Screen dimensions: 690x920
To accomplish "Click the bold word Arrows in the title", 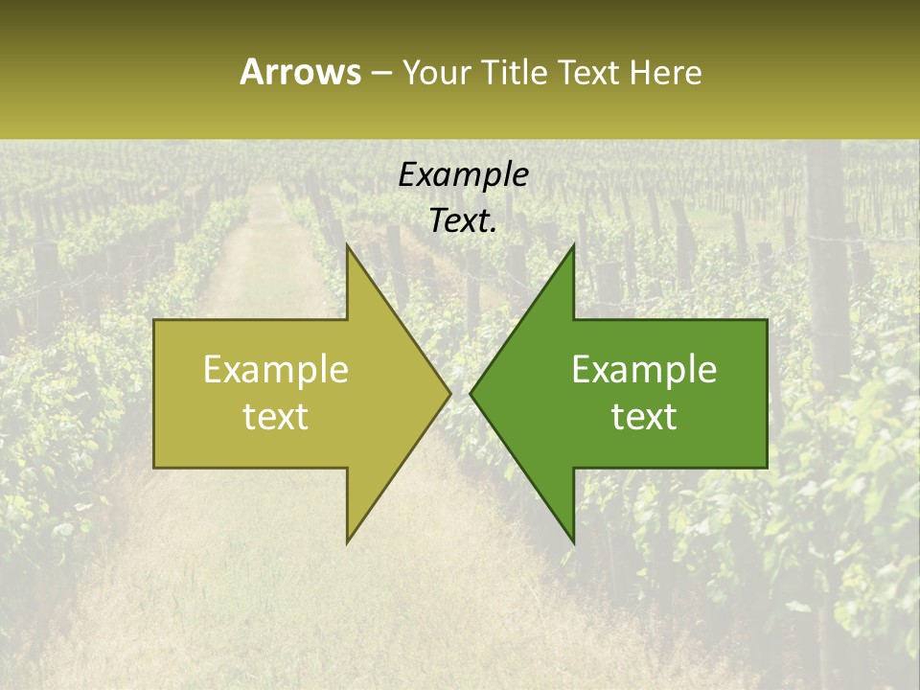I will coord(300,72).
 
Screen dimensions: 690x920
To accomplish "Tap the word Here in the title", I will coord(666,73).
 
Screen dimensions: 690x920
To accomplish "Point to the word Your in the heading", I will coord(436,73).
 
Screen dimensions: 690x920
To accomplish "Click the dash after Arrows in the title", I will coord(380,73).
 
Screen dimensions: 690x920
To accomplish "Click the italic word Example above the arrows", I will coord(463,175).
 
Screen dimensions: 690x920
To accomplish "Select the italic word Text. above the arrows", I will coord(463,221).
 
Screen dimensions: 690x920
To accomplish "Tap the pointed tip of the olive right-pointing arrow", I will coord(450,393).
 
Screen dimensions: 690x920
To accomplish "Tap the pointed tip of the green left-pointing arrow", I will coord(471,393).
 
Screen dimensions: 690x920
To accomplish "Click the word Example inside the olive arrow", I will coord(276,370).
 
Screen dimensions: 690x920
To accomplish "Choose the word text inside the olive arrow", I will coord(276,416).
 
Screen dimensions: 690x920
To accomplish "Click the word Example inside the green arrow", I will coord(644,370).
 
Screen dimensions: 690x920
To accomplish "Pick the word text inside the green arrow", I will coord(644,416).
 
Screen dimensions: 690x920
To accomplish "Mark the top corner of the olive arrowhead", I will coord(347,244).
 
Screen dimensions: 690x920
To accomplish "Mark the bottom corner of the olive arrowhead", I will coord(347,542).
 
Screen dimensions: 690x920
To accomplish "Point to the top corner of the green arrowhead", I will coord(573,244).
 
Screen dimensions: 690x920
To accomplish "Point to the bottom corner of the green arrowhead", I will coord(573,542).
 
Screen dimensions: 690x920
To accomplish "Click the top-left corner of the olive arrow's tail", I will coord(154,319).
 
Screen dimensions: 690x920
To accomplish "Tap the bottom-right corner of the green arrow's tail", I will coord(767,467).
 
